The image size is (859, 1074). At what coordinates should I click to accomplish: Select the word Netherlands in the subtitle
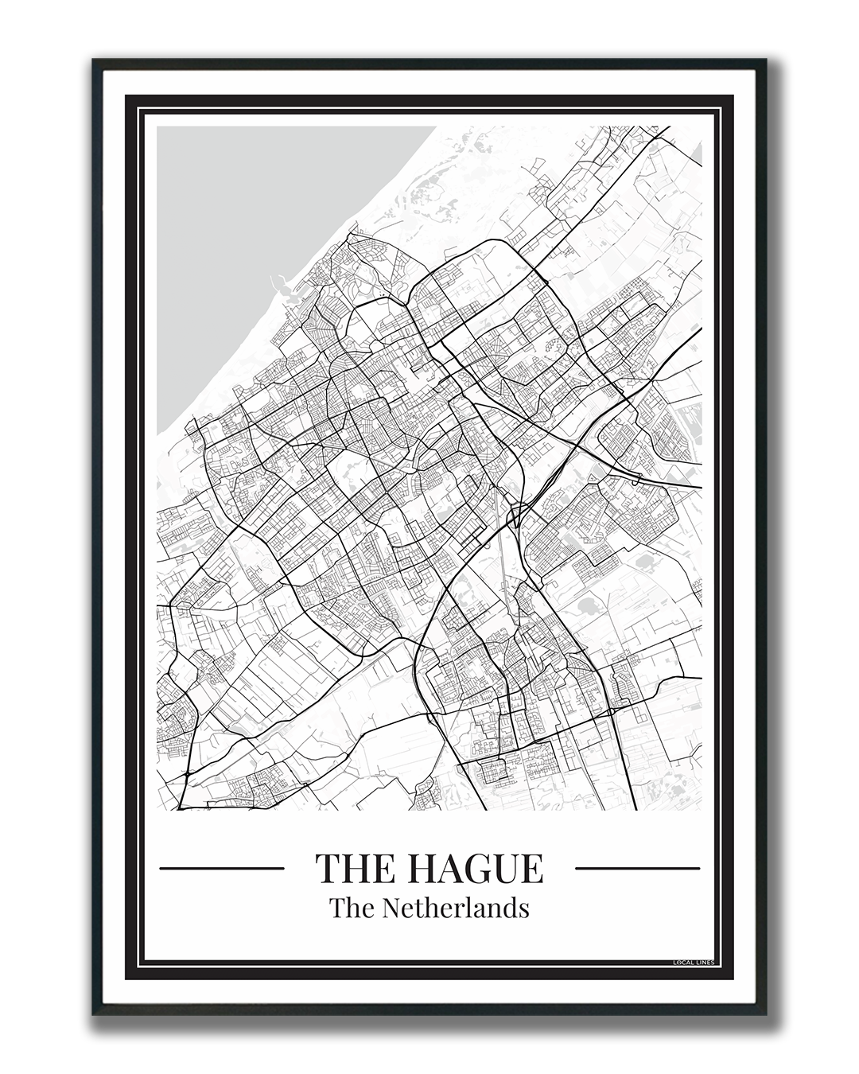(455, 907)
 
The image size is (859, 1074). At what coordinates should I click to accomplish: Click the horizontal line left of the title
(222, 868)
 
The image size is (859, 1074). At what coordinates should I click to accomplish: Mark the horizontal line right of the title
(637, 868)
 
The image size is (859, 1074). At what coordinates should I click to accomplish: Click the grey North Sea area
(239, 239)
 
